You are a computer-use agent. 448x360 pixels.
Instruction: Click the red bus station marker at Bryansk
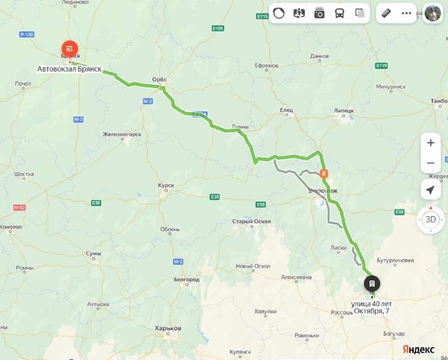click(70, 49)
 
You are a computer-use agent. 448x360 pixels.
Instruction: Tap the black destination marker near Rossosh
click(372, 283)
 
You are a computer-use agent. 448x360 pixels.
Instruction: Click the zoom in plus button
click(431, 143)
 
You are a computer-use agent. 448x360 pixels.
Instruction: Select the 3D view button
click(431, 219)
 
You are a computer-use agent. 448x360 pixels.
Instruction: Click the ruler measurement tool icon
click(386, 13)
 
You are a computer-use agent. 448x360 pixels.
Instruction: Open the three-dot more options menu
click(407, 13)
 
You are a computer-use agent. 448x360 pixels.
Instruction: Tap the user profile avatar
click(433, 13)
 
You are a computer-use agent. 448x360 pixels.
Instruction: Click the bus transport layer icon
click(339, 13)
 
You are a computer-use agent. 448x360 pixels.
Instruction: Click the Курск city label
click(166, 185)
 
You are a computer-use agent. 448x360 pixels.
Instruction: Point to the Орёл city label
click(160, 80)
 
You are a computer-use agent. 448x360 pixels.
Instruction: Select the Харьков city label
click(168, 328)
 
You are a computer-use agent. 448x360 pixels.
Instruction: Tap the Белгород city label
click(186, 279)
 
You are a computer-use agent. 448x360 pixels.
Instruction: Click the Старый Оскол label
click(251, 221)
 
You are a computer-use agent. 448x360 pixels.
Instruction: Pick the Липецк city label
click(344, 110)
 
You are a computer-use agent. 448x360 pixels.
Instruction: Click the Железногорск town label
click(122, 134)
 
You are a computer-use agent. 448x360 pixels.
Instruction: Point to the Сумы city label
click(94, 254)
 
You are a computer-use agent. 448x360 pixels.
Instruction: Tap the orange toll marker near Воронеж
click(324, 174)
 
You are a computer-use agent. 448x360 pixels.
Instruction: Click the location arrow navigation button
click(431, 190)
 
